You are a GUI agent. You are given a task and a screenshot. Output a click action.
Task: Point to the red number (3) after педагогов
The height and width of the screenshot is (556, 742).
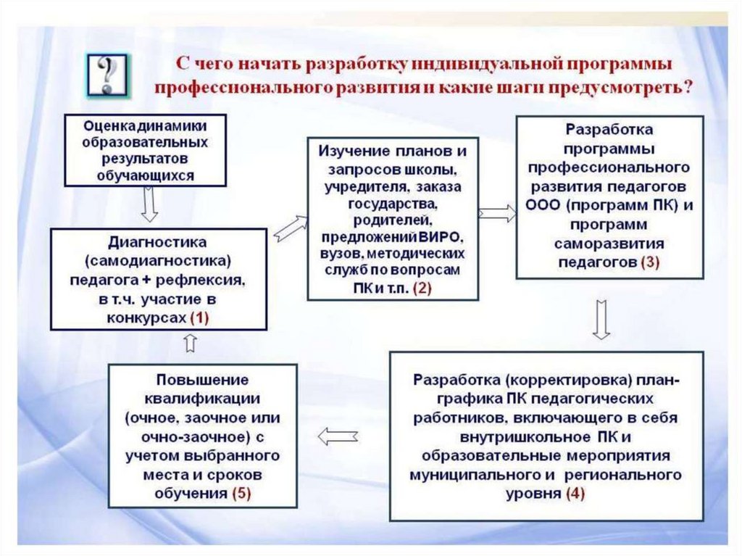(650, 262)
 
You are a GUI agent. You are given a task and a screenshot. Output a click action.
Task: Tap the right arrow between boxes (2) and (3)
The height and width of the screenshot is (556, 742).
(497, 213)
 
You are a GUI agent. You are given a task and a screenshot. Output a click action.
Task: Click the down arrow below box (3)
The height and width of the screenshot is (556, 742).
(600, 319)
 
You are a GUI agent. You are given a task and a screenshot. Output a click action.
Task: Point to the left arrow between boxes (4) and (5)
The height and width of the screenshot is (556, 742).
(338, 436)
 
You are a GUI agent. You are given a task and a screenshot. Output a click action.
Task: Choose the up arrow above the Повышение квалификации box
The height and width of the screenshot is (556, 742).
(190, 344)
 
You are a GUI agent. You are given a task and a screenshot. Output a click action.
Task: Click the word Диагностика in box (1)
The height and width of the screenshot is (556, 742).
(157, 241)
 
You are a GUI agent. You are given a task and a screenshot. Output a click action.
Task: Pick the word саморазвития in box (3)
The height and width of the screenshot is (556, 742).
(609, 243)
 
